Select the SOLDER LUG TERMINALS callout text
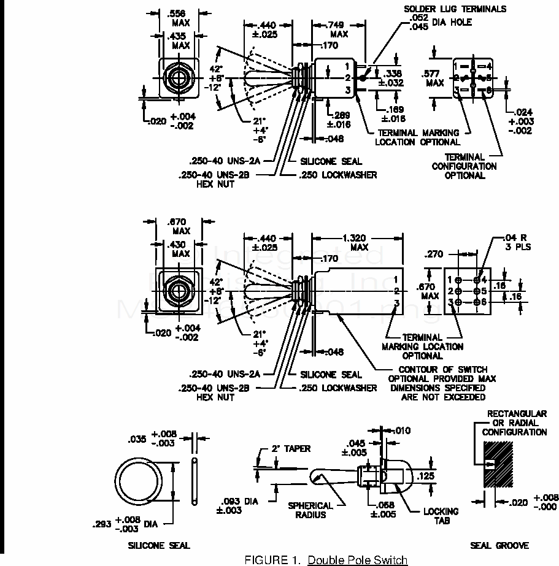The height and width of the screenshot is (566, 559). pos(455,9)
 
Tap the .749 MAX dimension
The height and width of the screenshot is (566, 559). pos(339,29)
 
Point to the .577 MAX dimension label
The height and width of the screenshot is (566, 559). pos(434,78)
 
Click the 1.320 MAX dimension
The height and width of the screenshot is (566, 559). pos(359,242)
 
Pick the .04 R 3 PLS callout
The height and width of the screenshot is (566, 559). pos(514,242)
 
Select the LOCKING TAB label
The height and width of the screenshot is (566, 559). pos(441,515)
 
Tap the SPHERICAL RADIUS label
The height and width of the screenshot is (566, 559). pos(310,510)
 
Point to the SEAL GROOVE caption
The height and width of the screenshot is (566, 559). pos(499,545)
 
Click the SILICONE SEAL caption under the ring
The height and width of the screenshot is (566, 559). pos(159,545)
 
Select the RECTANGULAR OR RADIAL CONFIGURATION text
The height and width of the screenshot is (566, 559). pos(514,423)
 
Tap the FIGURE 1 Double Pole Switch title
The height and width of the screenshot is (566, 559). pos(326,559)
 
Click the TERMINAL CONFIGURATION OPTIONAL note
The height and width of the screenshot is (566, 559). pos(465,166)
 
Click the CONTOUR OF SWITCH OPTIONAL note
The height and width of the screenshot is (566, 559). pos(442,383)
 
